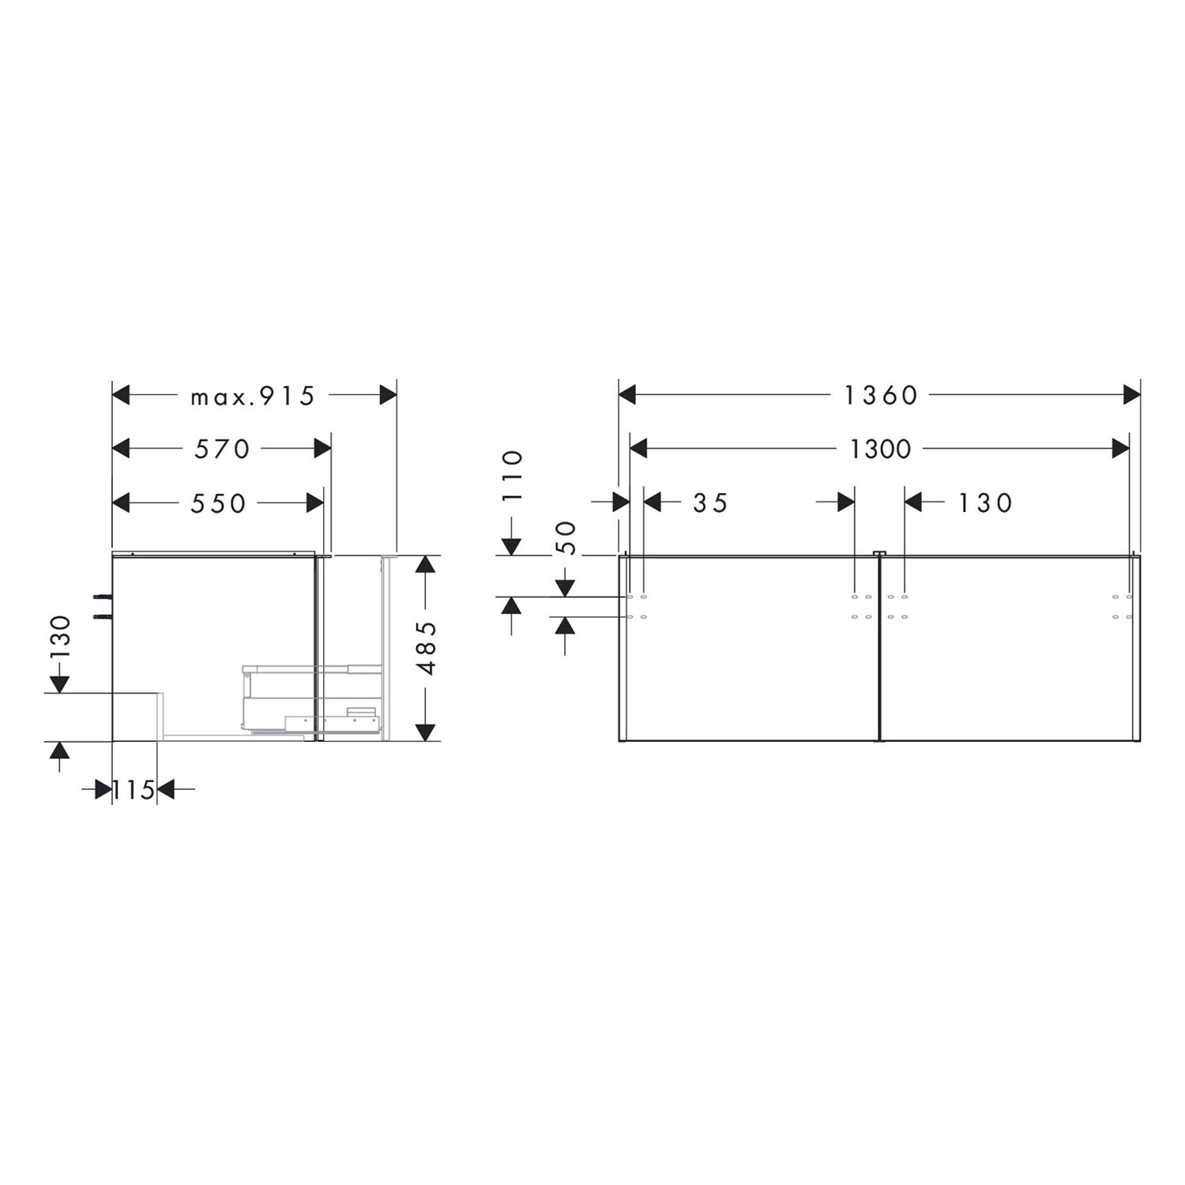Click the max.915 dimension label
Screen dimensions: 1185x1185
tap(252, 396)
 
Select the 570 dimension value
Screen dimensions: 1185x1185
tap(222, 449)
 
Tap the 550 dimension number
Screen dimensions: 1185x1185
tap(218, 503)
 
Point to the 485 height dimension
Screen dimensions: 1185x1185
tap(427, 648)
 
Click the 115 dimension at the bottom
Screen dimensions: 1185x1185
tap(133, 789)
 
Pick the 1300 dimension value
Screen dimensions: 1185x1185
tap(880, 450)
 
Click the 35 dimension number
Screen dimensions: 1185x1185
tap(710, 503)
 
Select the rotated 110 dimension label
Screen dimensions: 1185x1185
tap(513, 476)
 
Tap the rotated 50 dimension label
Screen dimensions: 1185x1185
tap(567, 539)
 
